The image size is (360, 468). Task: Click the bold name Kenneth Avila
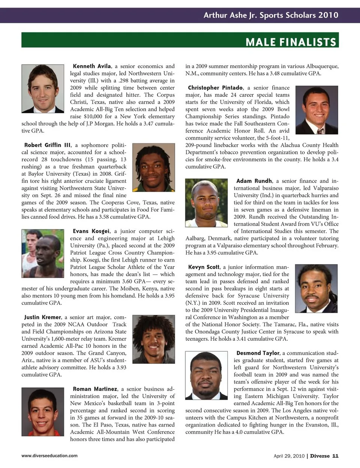tap(92, 66)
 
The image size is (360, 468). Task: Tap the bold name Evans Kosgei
tap(91, 231)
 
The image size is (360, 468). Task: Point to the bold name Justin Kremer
tap(43, 317)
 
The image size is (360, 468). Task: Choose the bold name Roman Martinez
tap(95, 389)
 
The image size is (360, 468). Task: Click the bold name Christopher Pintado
tap(215, 87)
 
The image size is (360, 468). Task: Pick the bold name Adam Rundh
tap(254, 181)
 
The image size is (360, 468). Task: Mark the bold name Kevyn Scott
tap(204, 267)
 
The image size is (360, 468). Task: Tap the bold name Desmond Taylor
tap(258, 353)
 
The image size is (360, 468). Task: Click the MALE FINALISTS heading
tap(291, 42)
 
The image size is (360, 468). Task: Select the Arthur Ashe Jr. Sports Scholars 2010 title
tap(271, 15)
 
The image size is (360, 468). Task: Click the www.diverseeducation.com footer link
tap(49, 456)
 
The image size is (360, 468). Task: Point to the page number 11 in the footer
tap(335, 456)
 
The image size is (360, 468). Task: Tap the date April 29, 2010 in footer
tap(289, 456)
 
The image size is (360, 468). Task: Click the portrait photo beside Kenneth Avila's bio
tap(43, 89)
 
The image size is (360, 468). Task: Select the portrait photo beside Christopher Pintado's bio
tap(316, 110)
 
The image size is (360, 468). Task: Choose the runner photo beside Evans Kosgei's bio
tap(43, 253)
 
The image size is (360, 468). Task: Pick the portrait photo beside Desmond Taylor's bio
tap(207, 375)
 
